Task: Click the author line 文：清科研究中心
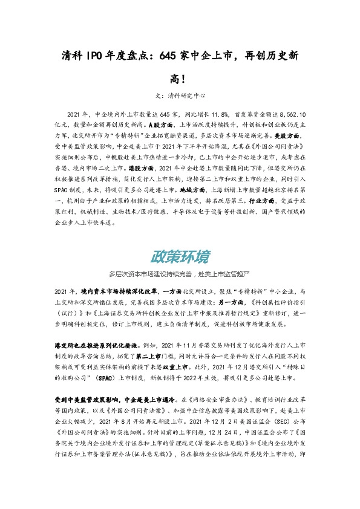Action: tap(180, 95)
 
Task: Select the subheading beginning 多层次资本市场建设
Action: tap(180, 273)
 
